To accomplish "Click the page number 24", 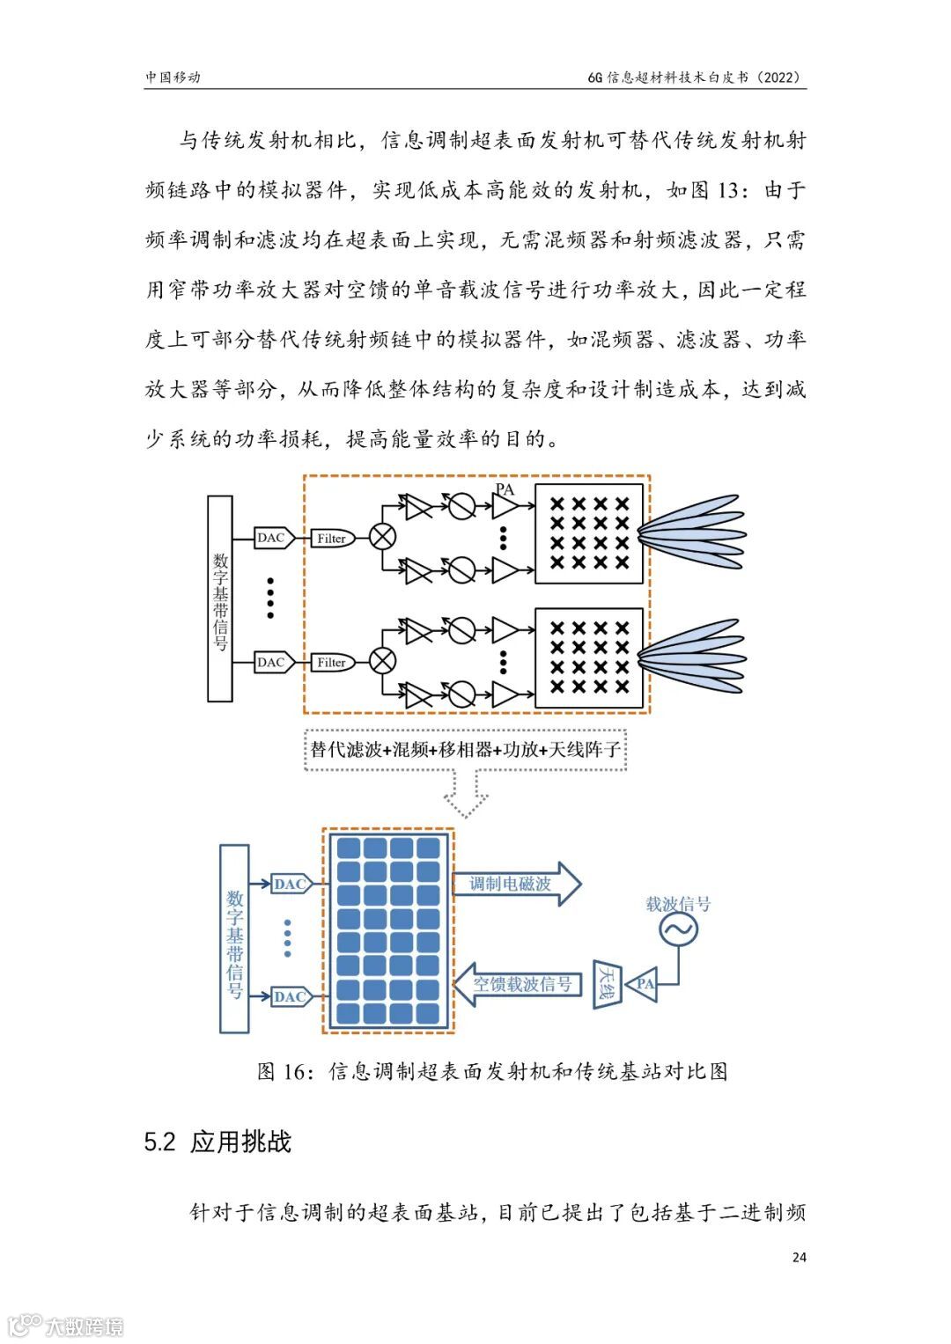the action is (x=799, y=1257).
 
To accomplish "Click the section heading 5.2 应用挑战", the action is (x=217, y=1142).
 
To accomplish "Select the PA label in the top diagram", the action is (x=505, y=489).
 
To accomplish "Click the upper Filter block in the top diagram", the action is (x=332, y=538).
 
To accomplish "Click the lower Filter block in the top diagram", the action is (x=332, y=662).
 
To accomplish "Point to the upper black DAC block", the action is (x=271, y=538).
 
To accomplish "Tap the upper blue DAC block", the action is (x=290, y=884).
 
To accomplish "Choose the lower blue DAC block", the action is (x=290, y=996).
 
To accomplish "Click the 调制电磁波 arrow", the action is (x=515, y=884).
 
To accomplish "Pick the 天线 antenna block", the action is (x=608, y=984).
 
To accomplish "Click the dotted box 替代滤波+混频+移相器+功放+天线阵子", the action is (x=465, y=750).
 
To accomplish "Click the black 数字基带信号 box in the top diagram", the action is (x=220, y=599).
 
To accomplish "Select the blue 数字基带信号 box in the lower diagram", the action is (x=234, y=938).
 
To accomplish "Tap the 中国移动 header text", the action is (x=173, y=77).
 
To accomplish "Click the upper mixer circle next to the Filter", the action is (x=381, y=537).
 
